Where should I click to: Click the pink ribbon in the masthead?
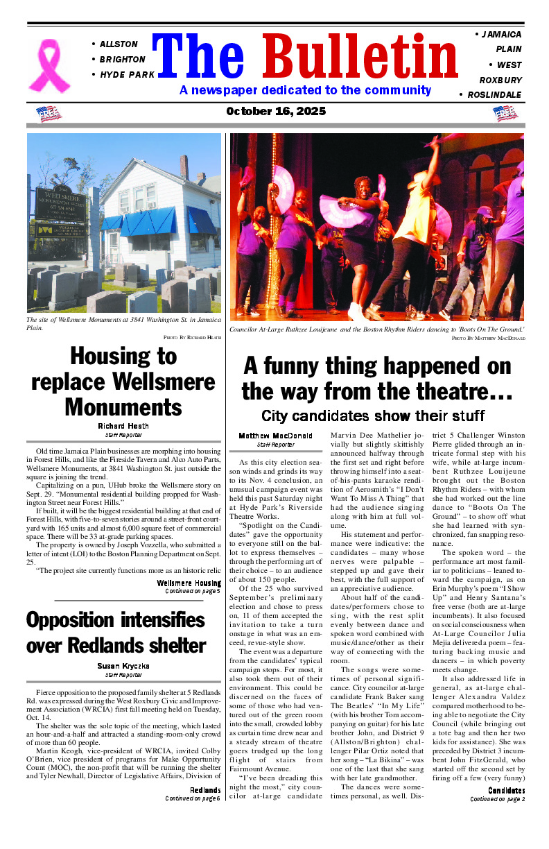tap(49, 65)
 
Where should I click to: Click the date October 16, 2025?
tap(276, 112)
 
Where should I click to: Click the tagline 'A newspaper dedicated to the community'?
tap(305, 90)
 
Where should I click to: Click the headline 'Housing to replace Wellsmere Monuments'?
tap(123, 381)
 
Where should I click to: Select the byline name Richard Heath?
tap(123, 426)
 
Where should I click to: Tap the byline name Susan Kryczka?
tap(123, 666)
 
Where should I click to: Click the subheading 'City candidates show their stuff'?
tap(373, 415)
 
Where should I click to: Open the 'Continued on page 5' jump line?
tap(192, 592)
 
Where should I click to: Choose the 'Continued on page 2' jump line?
tap(497, 799)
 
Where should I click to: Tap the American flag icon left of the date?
tap(48, 113)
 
